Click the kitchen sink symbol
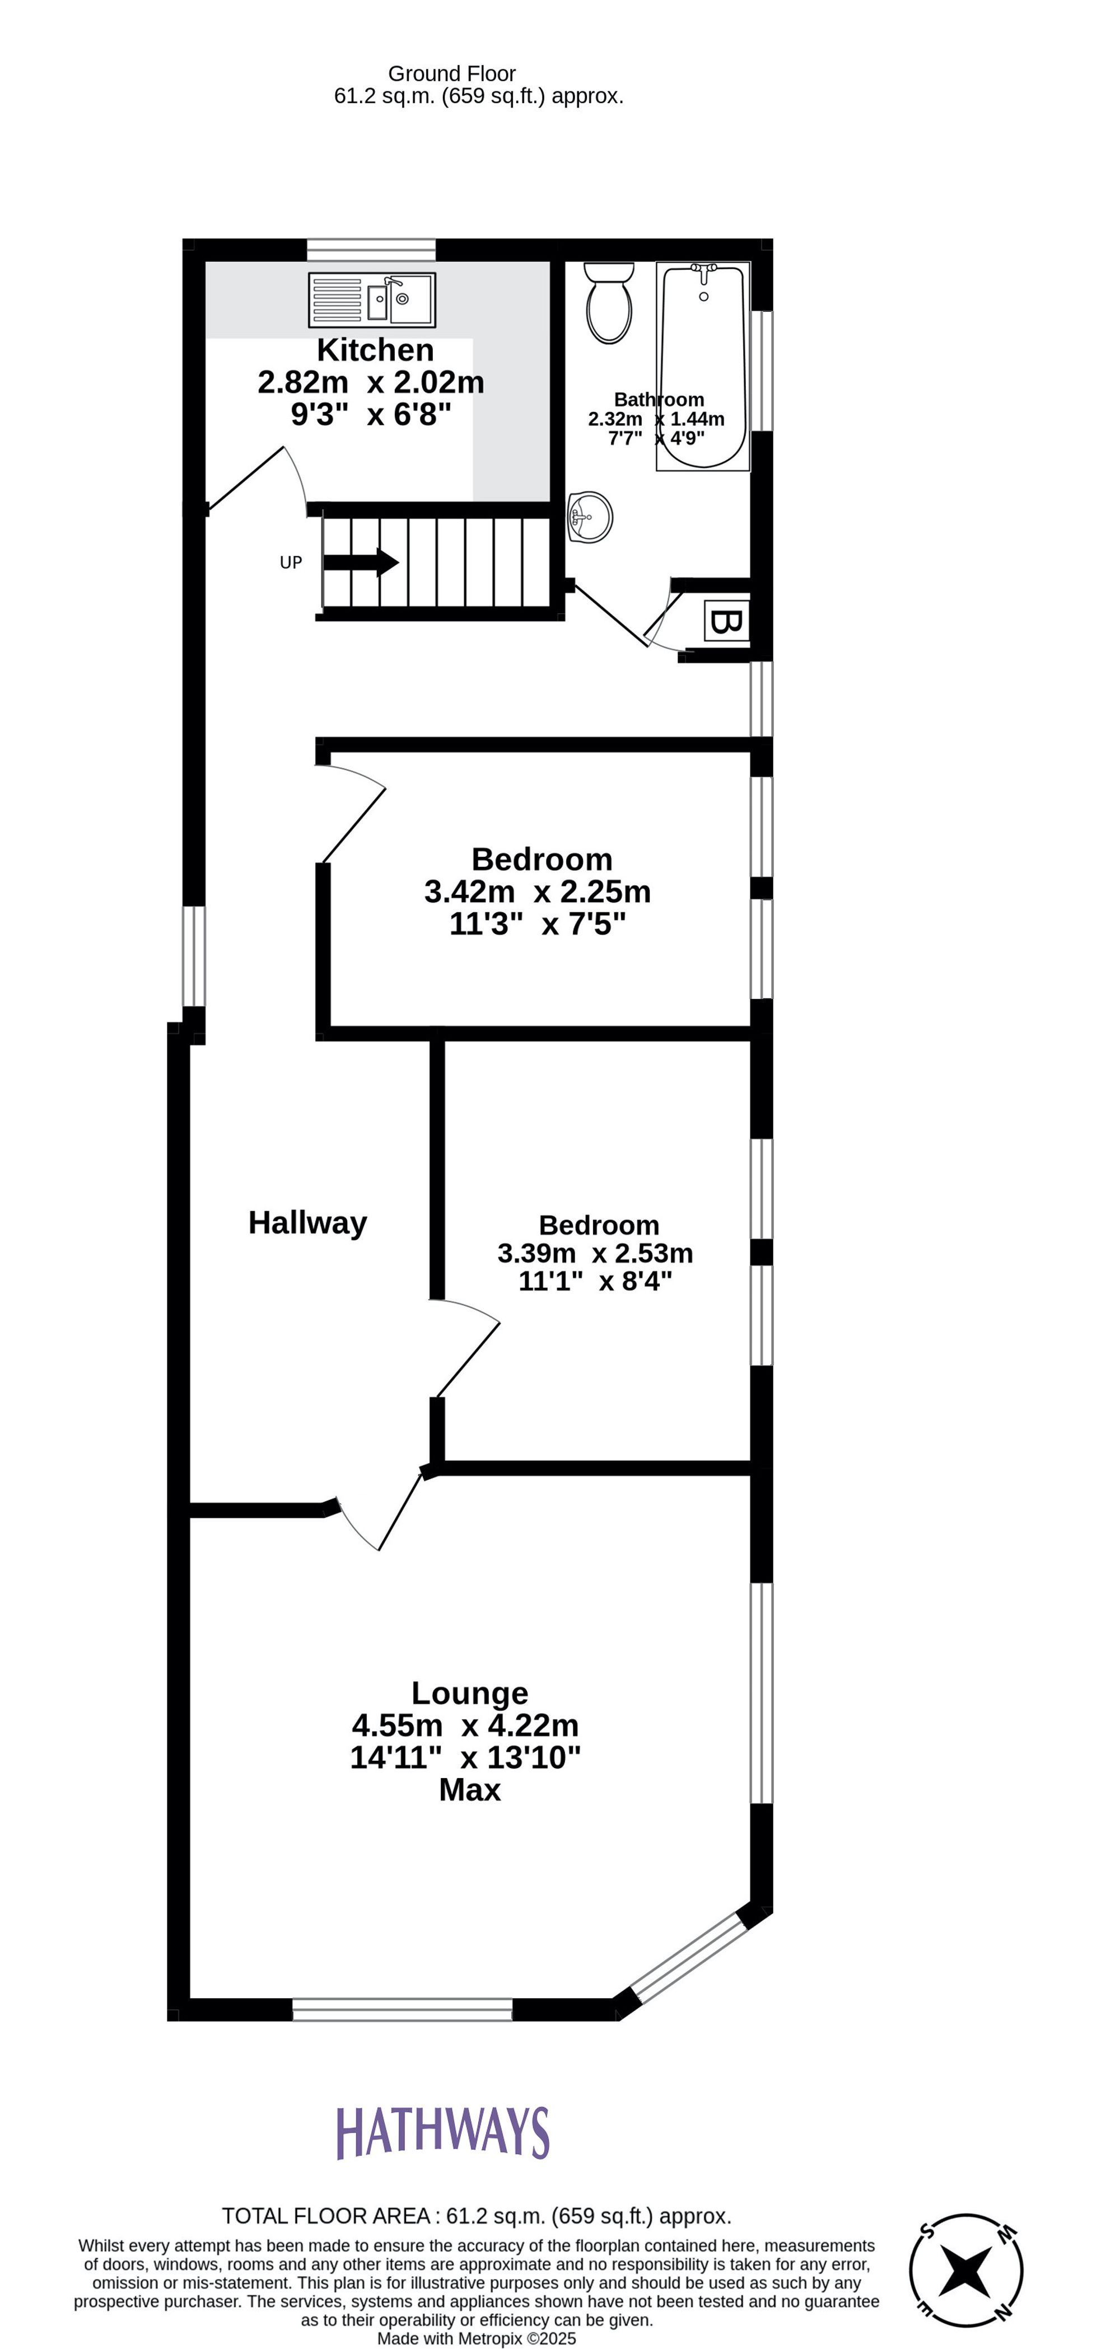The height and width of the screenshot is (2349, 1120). [x=372, y=300]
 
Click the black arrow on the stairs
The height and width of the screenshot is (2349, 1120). [x=361, y=562]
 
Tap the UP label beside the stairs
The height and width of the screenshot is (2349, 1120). [x=291, y=562]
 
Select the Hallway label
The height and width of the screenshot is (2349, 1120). [x=307, y=1223]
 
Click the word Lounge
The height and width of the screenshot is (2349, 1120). [x=470, y=1694]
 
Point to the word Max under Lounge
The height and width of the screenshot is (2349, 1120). [x=470, y=1790]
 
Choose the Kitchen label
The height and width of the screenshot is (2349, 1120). [x=375, y=350]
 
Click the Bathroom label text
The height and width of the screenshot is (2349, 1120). [x=659, y=400]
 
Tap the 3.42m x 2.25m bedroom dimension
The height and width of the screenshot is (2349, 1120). [x=537, y=891]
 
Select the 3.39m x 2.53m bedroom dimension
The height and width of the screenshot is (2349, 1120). [x=595, y=1254]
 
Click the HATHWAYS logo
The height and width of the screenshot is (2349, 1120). [x=444, y=2133]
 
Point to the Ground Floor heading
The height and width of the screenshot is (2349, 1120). [x=451, y=74]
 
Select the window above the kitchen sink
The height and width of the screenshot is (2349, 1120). [x=371, y=249]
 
